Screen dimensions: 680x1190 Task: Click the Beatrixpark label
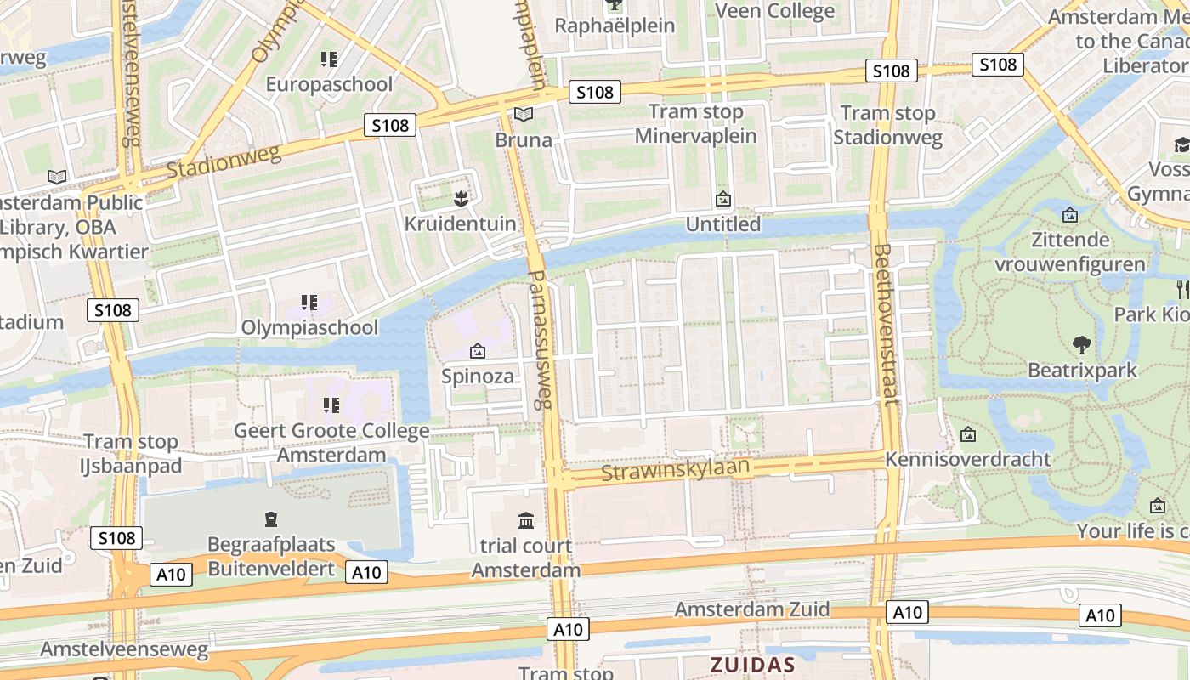point(1082,371)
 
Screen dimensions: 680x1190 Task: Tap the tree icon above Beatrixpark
point(1081,345)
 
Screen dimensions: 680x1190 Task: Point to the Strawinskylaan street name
point(676,469)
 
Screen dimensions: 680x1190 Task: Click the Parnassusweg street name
point(541,340)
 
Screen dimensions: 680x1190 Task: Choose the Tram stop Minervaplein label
point(695,124)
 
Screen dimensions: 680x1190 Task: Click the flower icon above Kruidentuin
point(460,199)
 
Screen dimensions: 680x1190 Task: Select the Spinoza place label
point(478,376)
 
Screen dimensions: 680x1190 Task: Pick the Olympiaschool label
point(309,327)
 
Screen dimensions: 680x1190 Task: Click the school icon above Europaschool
point(329,59)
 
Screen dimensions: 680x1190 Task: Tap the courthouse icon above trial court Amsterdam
point(526,520)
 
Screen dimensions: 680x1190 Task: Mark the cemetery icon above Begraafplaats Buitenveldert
point(271,518)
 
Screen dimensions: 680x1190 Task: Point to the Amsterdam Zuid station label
point(752,609)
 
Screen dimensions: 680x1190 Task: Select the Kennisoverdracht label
point(967,459)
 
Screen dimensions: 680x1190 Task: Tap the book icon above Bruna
point(524,114)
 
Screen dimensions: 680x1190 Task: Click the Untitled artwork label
point(723,224)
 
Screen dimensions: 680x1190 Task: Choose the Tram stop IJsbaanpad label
point(131,454)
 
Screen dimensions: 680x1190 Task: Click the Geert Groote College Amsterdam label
point(331,443)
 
